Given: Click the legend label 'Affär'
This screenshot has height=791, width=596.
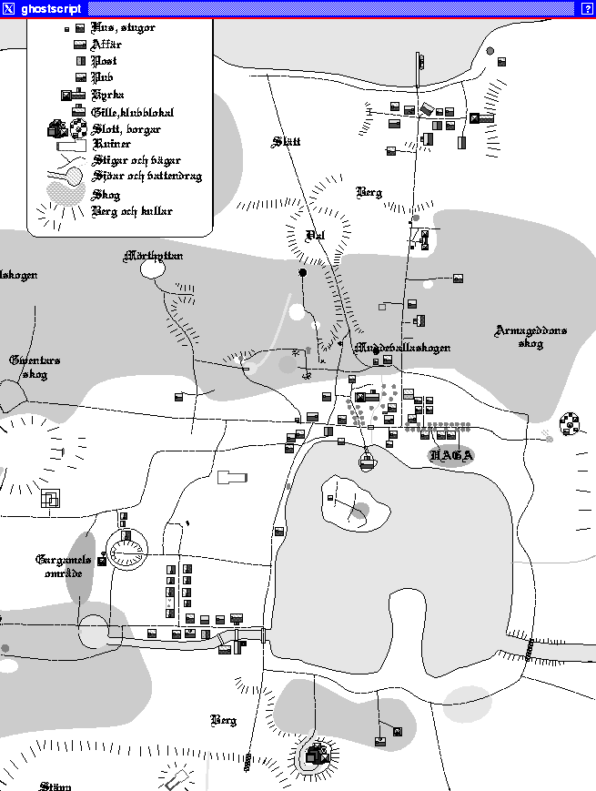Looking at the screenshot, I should (x=107, y=44).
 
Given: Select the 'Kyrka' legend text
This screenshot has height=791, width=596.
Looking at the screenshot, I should (x=108, y=95).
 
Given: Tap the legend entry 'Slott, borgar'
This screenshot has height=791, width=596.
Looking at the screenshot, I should (x=126, y=129).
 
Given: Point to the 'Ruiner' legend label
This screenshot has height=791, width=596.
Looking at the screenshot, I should (x=112, y=144).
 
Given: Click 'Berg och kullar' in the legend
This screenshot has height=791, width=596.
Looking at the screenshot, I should (x=132, y=211).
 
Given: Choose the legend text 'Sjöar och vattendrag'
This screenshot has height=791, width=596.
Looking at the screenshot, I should (x=146, y=177).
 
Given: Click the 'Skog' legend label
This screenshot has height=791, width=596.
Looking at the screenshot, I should (x=106, y=195).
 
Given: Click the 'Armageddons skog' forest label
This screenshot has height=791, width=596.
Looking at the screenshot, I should (x=530, y=337).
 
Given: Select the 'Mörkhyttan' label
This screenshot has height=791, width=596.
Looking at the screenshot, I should (x=153, y=258).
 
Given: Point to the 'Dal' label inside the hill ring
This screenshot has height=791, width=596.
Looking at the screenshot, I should (x=316, y=235).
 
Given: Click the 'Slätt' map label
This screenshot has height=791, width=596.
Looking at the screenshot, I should (x=286, y=141).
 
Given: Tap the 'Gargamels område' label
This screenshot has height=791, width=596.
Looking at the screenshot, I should (x=64, y=566).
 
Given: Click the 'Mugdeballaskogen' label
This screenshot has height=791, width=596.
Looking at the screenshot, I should (x=401, y=348).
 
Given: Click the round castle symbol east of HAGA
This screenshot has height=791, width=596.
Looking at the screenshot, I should (x=570, y=423).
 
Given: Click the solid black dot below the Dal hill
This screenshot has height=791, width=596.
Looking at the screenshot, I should (x=303, y=272).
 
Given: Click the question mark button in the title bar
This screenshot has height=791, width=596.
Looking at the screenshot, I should (x=587, y=8).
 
